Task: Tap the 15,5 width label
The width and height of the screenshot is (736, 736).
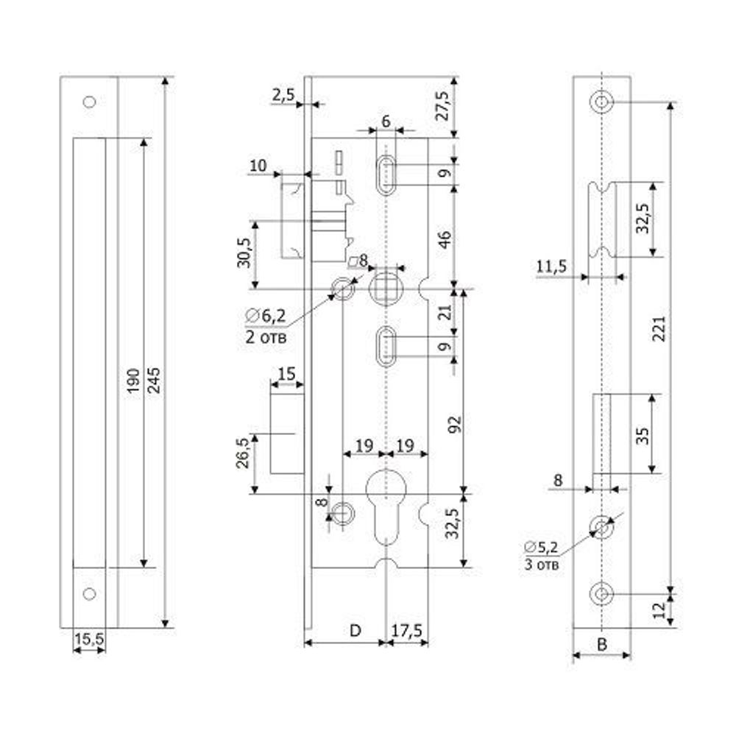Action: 90,640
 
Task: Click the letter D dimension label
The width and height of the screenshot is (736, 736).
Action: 355,631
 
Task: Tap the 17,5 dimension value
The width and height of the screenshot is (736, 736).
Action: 407,631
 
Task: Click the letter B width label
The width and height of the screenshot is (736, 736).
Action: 601,645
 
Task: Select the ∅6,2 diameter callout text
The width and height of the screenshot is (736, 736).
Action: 266,317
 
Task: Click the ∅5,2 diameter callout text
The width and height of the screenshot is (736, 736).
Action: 542,548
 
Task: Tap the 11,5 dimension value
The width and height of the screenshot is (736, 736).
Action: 551,266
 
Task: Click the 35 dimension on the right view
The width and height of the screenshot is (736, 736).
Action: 641,434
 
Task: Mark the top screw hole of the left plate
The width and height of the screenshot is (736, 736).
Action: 90,102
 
